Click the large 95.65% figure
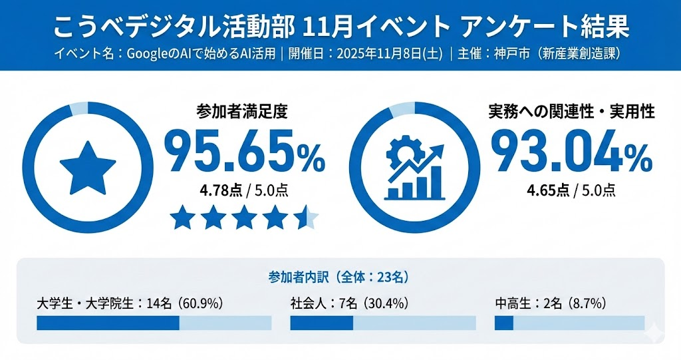pyautogui.click(x=244, y=152)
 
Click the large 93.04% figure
pyautogui.click(x=571, y=152)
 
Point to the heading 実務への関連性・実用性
pyautogui.click(x=571, y=111)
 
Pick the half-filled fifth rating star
pyautogui.click(x=307, y=217)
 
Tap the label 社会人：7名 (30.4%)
pyautogui.click(x=349, y=303)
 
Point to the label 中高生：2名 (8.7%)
pyautogui.click(x=549, y=303)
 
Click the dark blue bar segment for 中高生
pyautogui.click(x=504, y=323)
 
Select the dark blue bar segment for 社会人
pyautogui.click(x=321, y=323)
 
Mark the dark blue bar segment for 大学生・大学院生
pyautogui.click(x=108, y=323)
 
